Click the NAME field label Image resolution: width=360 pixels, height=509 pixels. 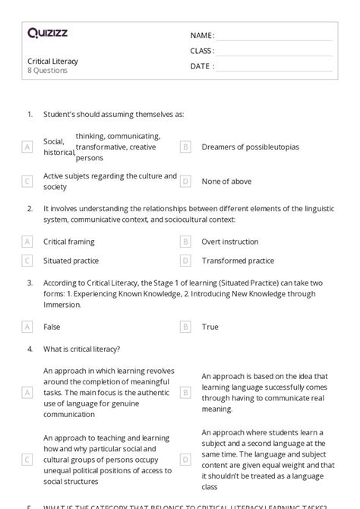pos(202,36)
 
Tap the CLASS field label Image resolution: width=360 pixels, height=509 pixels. pos(202,51)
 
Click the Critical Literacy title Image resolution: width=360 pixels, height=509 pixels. pos(52,61)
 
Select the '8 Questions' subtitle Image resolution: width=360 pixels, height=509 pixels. pos(47,71)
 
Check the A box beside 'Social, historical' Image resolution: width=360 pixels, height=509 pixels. pos(27,147)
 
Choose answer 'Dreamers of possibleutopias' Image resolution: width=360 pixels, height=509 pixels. pos(251,147)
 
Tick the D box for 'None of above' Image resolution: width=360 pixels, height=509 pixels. pos(185,182)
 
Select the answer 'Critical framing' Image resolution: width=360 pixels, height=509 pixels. pos(69,242)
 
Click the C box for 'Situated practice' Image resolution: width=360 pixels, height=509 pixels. pos(27,261)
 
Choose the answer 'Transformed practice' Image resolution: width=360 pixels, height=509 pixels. pos(238,261)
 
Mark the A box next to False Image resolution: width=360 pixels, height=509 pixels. pos(27,327)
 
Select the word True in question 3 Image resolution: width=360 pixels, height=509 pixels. pos(210,327)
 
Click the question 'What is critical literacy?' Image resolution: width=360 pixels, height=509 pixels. pos(81,349)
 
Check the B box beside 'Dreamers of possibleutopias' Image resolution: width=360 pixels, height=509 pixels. pos(185,147)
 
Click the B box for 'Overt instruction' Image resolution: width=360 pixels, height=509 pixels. pos(185,242)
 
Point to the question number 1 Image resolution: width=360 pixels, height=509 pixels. pos(30,115)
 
